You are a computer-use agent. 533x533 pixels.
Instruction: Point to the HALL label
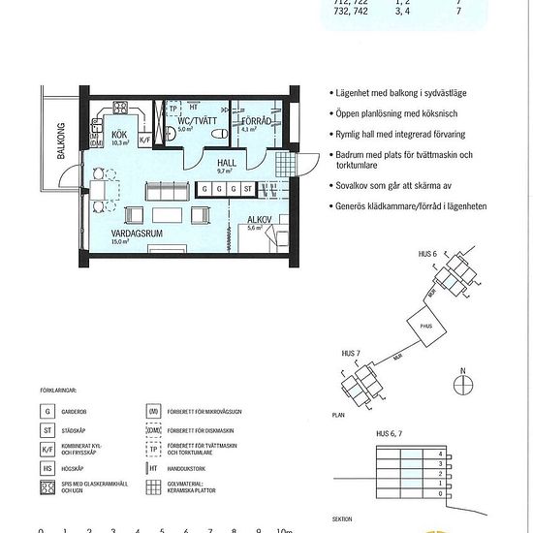point(228,163)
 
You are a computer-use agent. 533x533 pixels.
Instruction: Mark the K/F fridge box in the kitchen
point(145,140)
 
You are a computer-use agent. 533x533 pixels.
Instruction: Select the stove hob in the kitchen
point(122,109)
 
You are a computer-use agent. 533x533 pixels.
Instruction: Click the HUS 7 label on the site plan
point(354,353)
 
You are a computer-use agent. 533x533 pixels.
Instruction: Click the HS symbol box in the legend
point(47,467)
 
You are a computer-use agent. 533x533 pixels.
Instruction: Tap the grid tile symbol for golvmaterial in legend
point(154,486)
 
